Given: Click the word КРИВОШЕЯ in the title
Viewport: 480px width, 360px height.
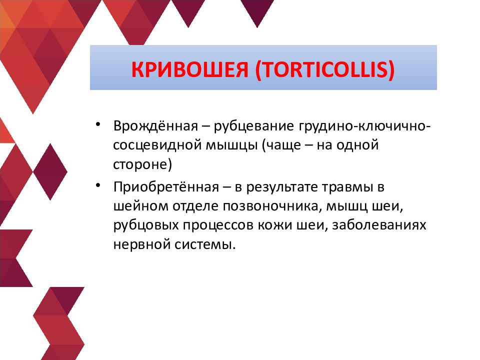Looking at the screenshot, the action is pos(189,70).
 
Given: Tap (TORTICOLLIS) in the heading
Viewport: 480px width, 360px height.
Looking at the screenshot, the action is pos(325,70).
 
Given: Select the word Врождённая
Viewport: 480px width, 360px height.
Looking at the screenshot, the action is pos(155,126).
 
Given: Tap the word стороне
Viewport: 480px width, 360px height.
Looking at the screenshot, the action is pos(140,164).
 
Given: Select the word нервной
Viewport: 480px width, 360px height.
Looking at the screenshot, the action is pos(141,245).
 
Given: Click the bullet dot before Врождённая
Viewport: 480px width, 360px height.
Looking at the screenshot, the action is pos(98,124).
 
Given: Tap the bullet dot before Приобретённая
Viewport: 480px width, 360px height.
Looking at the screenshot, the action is pos(98,185).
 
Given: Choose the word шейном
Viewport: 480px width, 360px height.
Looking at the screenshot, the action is pos(141,206).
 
